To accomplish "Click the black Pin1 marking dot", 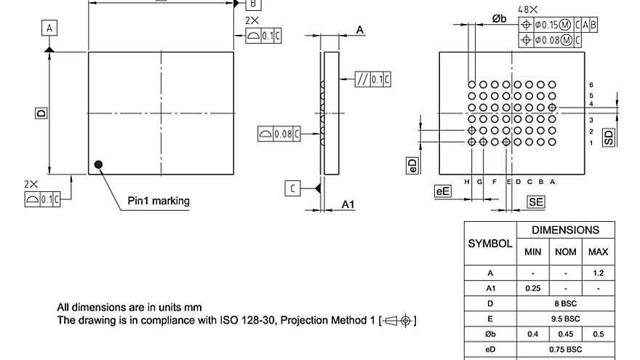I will (98, 165).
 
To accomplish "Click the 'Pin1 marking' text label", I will (159, 201).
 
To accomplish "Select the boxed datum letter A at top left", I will (49, 28).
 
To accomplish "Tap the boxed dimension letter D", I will (41, 113).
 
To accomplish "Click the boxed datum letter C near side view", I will (292, 189).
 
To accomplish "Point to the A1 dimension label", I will (348, 205).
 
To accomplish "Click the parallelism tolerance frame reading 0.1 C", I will (373, 80).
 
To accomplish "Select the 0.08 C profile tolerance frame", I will (280, 134).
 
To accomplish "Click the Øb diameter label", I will (499, 19).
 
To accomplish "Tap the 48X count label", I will (528, 9).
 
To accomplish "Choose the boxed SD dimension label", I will (609, 136).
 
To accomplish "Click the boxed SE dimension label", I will (536, 202).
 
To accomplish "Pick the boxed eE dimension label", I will (442, 191).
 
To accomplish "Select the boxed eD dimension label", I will (412, 165).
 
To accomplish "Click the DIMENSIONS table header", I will (565, 230).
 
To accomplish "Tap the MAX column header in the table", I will (598, 252).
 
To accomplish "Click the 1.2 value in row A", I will (598, 273).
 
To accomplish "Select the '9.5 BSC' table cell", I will (565, 319).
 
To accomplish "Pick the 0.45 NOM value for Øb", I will (565, 334).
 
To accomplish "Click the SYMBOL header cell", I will (489, 244).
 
